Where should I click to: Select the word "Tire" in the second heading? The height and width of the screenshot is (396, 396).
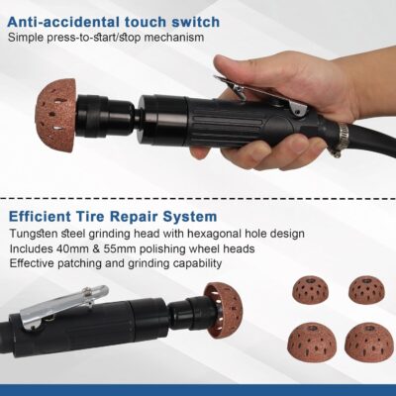click(105, 215)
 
